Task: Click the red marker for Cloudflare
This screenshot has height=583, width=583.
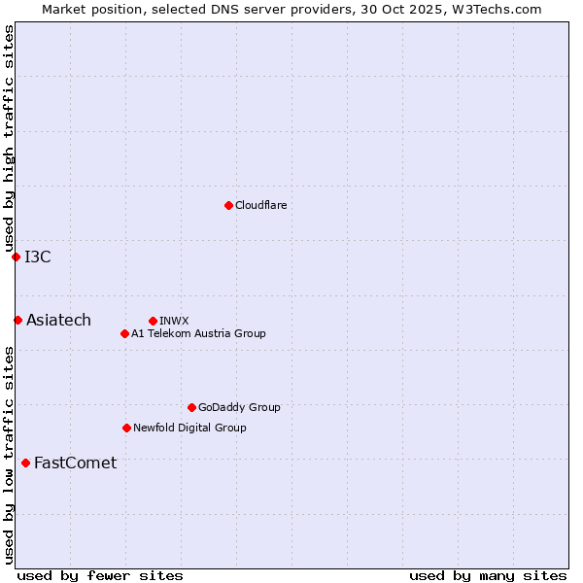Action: (228, 205)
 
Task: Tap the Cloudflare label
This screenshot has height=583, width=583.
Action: (260, 205)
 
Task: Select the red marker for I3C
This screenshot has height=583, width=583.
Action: (16, 257)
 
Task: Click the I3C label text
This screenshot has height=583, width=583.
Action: (38, 257)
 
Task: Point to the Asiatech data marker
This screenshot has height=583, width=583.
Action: (17, 320)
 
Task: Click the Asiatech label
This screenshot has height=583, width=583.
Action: (58, 321)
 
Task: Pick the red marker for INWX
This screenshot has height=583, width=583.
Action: (153, 321)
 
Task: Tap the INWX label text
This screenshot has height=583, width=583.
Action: (174, 321)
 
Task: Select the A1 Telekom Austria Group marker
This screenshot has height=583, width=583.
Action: (124, 333)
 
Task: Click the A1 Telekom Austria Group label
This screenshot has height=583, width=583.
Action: (198, 333)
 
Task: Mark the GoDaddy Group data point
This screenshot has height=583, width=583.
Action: (191, 407)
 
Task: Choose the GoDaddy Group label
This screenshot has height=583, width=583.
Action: (239, 407)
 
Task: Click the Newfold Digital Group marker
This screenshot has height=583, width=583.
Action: (126, 428)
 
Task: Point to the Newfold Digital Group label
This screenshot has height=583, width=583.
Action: (189, 428)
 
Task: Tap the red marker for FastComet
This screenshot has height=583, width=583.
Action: (25, 463)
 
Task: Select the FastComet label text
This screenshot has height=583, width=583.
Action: (75, 463)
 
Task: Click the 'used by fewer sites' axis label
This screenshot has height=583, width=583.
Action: (100, 575)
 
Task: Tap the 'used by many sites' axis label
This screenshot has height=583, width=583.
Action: (488, 575)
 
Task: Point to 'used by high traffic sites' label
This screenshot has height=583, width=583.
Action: (9, 139)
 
